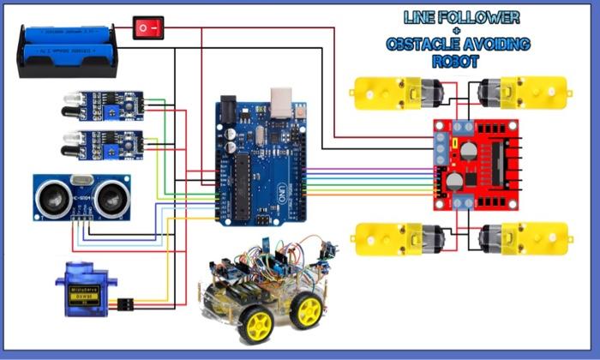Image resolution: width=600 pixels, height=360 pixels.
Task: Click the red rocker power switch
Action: [147, 28]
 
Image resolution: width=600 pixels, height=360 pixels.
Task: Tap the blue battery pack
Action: [66, 50]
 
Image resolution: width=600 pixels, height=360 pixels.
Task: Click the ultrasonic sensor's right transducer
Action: [108, 198]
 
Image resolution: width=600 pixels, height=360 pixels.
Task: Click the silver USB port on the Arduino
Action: [279, 101]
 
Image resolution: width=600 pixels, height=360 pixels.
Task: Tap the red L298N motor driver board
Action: [477, 164]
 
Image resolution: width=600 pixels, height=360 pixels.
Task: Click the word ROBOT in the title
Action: [457, 63]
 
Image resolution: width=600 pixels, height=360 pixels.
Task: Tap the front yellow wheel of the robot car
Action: [255, 324]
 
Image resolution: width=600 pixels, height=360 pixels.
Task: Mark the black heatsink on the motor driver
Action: [500, 163]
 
